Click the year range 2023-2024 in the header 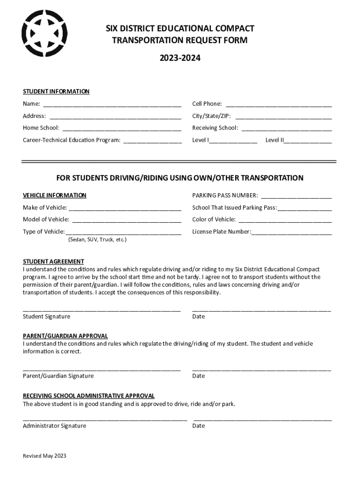click(180, 58)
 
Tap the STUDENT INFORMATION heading click(56, 92)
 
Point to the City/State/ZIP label click(211, 116)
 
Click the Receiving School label click(215, 128)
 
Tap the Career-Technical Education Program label click(72, 140)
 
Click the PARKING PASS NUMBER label click(225, 196)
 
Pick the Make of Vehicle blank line click(125, 208)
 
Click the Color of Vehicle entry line click(285, 220)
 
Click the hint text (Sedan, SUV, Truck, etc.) click(97, 239)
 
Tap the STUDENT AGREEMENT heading click(54, 261)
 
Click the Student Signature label click(47, 317)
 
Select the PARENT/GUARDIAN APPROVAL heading click(65, 336)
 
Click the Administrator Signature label click(55, 426)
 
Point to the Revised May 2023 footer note click(45, 456)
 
